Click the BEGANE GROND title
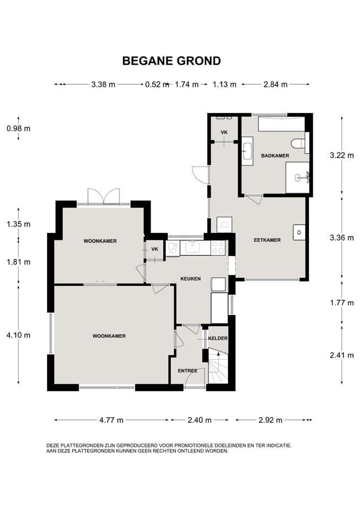click(171, 60)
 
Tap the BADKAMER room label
click(275, 155)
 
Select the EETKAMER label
click(267, 240)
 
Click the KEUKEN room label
click(190, 278)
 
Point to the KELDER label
click(218, 338)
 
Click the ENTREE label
click(188, 371)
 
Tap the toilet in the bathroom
click(298, 143)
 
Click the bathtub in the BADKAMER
click(282, 124)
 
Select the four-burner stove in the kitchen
click(218, 248)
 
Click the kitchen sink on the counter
click(194, 248)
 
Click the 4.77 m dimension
click(111, 420)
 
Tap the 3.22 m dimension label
click(342, 155)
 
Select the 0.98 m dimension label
click(19, 128)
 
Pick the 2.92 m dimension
click(270, 420)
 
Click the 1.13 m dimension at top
click(224, 84)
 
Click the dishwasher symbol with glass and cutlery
click(173, 248)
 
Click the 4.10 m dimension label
click(19, 335)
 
